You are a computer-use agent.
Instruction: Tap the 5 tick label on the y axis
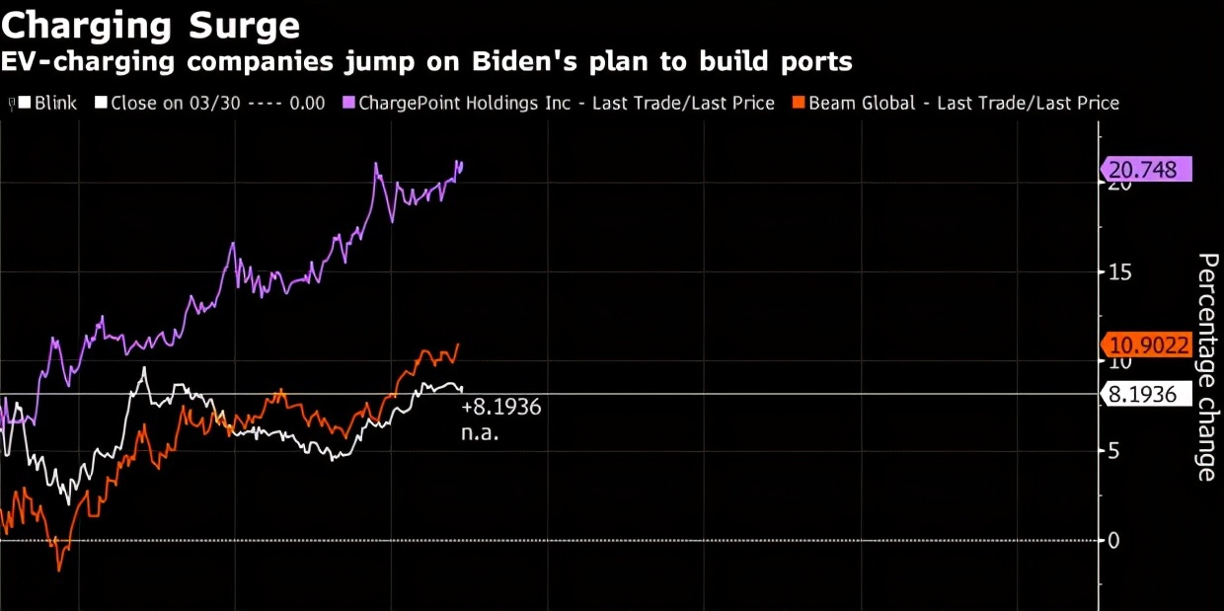coord(1111,451)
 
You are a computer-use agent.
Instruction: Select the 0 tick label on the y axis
coord(1112,540)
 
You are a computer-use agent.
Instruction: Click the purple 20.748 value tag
coord(1143,170)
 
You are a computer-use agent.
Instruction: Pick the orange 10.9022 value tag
coord(1149,344)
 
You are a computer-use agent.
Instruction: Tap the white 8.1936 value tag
coord(1143,395)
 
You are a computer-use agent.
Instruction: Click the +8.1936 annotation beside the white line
coord(501,408)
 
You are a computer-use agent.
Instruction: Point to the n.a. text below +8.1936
coord(480,432)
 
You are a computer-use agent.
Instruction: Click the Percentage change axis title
coord(1206,366)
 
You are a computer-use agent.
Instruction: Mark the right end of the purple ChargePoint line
coord(462,164)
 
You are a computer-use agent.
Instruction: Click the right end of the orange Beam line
coord(459,344)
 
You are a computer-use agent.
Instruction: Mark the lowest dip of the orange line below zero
coord(58,570)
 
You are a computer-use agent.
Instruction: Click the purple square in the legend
coord(348,103)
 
